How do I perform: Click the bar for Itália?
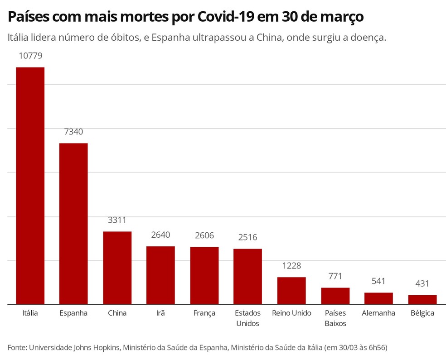[x=30, y=186]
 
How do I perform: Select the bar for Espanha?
[x=73, y=224]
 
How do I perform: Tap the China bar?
[x=117, y=268]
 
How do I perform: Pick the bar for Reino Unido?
[x=291, y=290]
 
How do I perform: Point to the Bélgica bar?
[x=422, y=299]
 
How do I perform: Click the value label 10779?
[x=30, y=56]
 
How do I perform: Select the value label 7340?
[x=73, y=132]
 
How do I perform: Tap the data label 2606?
[x=204, y=235]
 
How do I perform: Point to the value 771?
[x=335, y=276]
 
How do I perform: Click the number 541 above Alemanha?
[x=378, y=281]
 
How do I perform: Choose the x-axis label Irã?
[x=160, y=313]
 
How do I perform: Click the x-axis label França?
[x=204, y=313]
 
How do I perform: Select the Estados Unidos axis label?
[x=247, y=318]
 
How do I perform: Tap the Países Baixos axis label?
[x=335, y=318]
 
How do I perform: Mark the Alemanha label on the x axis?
[x=378, y=313]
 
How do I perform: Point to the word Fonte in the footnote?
[x=17, y=347]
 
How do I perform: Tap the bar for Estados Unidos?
[x=247, y=276]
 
